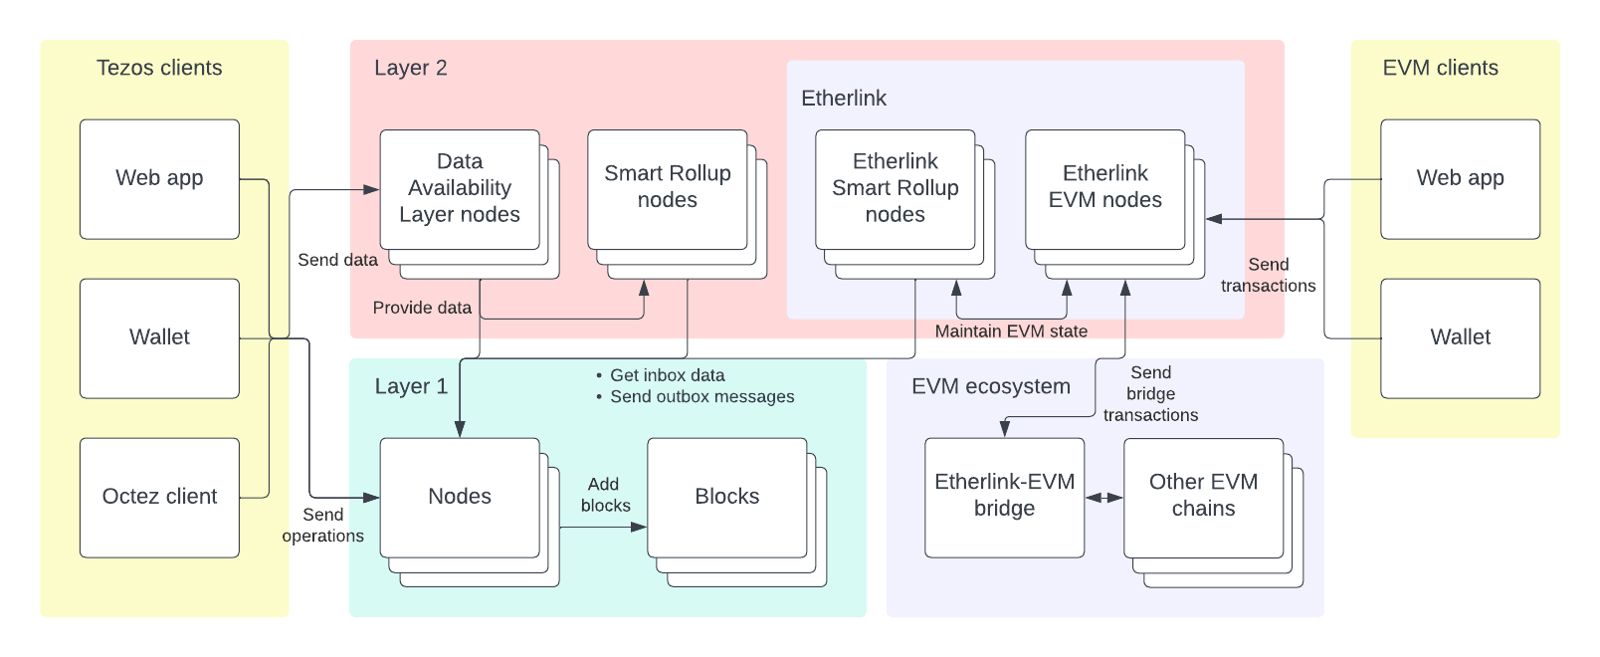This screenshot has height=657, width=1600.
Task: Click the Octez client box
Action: pyautogui.click(x=159, y=497)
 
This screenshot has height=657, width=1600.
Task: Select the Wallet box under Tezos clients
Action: pyautogui.click(x=159, y=337)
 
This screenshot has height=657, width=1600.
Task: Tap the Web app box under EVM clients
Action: pyautogui.click(x=1460, y=178)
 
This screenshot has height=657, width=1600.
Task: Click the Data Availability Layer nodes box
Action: pyautogui.click(x=460, y=188)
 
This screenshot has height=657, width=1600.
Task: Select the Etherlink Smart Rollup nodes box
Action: pyautogui.click(x=895, y=188)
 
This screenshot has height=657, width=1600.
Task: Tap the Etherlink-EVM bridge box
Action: pyautogui.click(x=1004, y=496)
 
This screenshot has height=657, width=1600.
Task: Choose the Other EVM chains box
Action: pyautogui.click(x=1203, y=496)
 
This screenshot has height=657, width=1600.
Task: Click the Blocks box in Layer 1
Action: pyautogui.click(x=726, y=497)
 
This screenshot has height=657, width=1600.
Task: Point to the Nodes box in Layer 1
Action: pyautogui.click(x=460, y=497)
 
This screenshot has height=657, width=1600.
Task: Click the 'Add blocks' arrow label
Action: pyautogui.click(x=604, y=495)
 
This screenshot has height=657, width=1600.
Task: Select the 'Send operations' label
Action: pyautogui.click(x=322, y=526)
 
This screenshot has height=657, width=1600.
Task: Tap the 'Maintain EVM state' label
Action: pyautogui.click(x=1011, y=331)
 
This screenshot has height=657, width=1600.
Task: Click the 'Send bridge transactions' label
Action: pyautogui.click(x=1150, y=394)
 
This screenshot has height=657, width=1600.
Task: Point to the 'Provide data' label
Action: pyautogui.click(x=422, y=308)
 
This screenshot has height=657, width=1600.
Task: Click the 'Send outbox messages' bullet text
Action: pyautogui.click(x=701, y=397)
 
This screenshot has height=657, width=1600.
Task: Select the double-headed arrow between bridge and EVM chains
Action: pyautogui.click(x=1103, y=498)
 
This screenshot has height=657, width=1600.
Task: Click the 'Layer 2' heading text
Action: pyautogui.click(x=410, y=68)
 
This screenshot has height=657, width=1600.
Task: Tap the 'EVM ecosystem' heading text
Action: pyautogui.click(x=990, y=386)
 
